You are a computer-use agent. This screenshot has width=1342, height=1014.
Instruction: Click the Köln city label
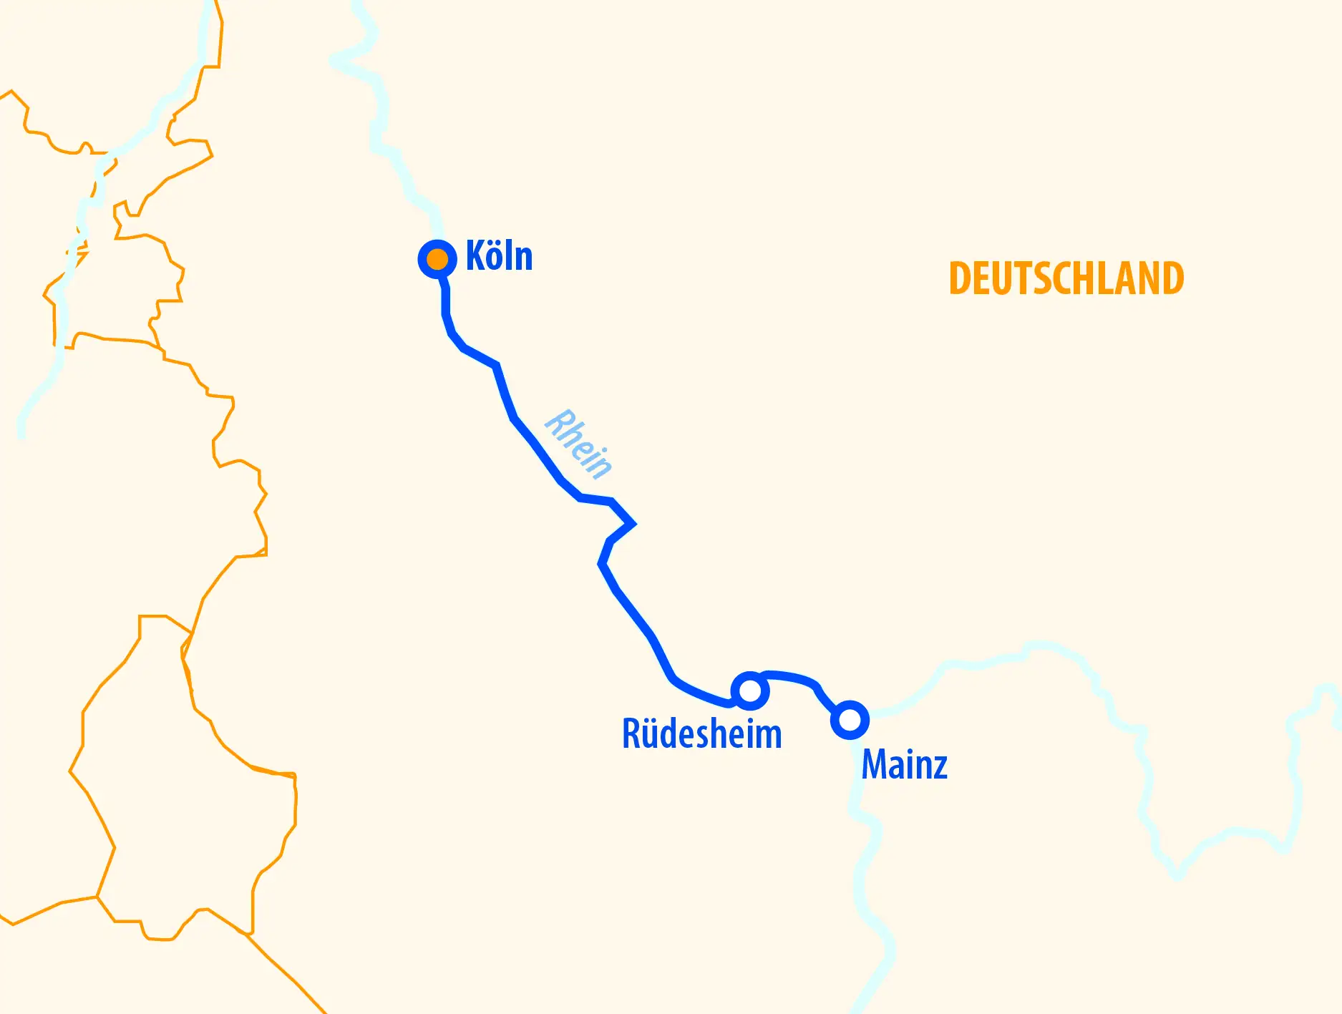(499, 255)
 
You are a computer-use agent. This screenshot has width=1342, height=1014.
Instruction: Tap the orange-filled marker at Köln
(437, 258)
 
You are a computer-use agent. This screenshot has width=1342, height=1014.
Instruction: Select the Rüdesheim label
(701, 733)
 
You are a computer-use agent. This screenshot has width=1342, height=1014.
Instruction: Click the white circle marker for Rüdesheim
(750, 691)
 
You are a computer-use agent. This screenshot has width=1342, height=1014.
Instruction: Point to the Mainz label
(904, 764)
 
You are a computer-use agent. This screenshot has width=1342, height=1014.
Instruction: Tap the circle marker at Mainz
(850, 720)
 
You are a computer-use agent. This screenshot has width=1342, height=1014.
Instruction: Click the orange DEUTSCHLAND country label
(1066, 278)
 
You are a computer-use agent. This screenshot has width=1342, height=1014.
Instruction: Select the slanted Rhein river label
(578, 444)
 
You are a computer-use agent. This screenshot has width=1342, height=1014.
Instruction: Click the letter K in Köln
(475, 255)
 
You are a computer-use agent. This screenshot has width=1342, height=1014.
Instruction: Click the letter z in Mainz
(940, 767)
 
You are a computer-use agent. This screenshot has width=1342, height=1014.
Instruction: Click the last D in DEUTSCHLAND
(1172, 278)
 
